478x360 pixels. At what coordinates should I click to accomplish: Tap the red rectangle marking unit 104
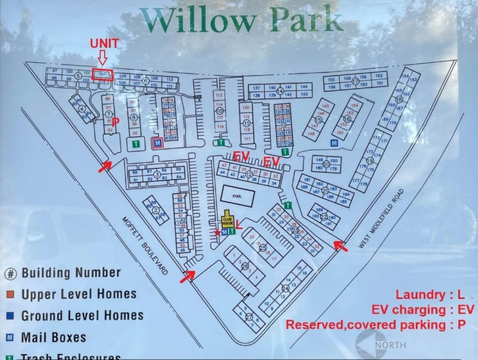pyautogui.click(x=102, y=75)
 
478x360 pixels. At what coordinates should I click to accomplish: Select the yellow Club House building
pyautogui.click(x=228, y=220)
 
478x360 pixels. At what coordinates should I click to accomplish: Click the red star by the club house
pyautogui.click(x=216, y=233)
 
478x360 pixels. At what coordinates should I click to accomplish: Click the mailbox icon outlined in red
pyautogui.click(x=156, y=143)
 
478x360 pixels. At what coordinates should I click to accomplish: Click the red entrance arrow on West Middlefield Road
pyautogui.click(x=340, y=245)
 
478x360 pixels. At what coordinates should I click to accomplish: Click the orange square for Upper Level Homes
pyautogui.click(x=11, y=295)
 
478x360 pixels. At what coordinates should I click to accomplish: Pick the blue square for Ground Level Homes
pyautogui.click(x=11, y=316)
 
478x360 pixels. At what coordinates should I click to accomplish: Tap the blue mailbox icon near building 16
pyautogui.click(x=334, y=143)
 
